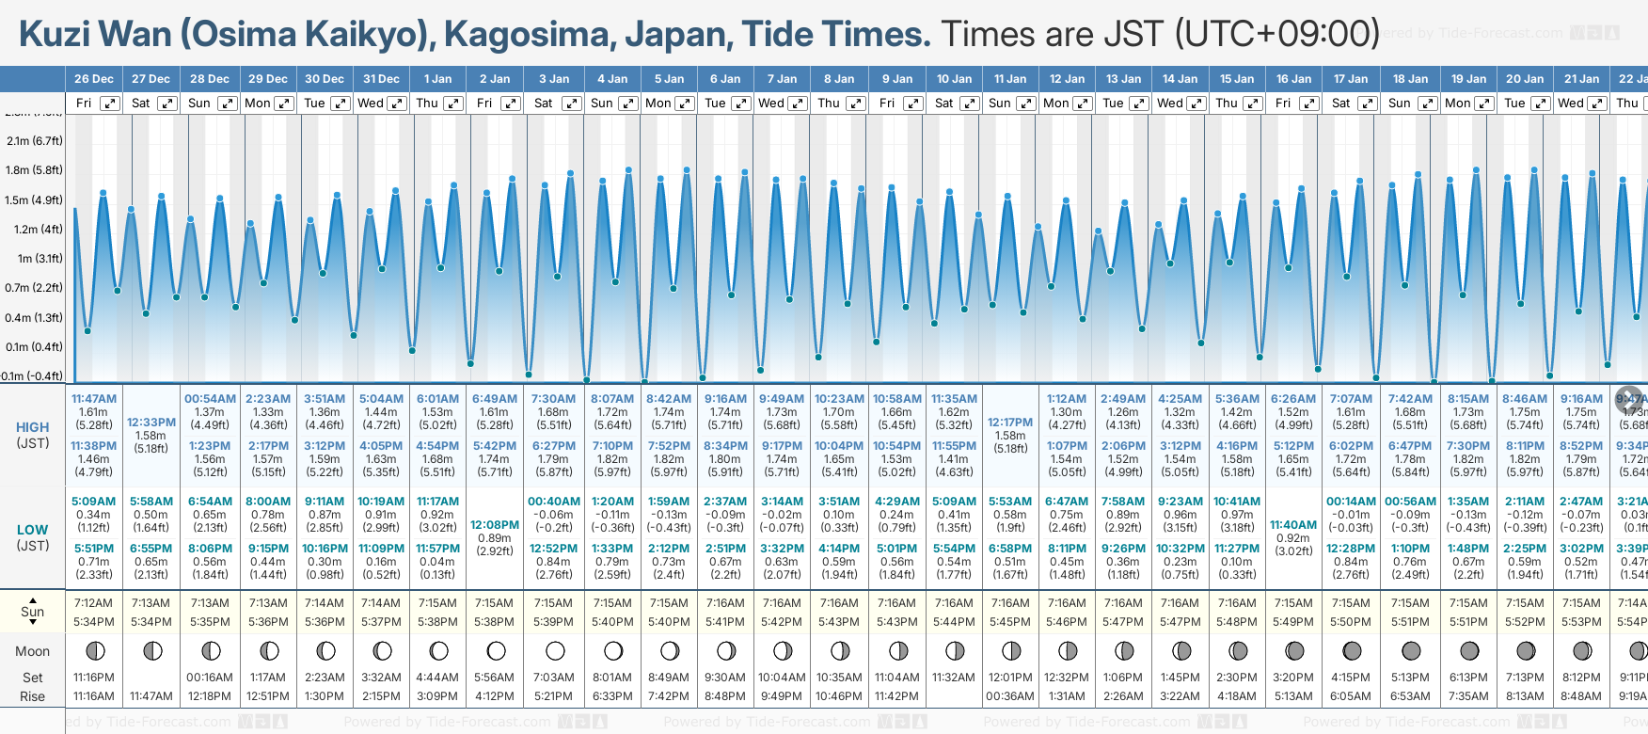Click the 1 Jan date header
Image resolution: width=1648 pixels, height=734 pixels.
pyautogui.click(x=437, y=79)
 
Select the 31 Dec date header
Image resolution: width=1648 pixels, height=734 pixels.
pyautogui.click(x=381, y=79)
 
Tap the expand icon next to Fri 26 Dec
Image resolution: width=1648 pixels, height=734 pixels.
pyautogui.click(x=110, y=104)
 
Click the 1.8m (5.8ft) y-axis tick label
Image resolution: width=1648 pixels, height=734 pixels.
pyautogui.click(x=34, y=170)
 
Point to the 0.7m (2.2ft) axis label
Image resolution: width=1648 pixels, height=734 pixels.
pyautogui.click(x=34, y=288)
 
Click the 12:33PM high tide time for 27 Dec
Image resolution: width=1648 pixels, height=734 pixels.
pyautogui.click(x=151, y=423)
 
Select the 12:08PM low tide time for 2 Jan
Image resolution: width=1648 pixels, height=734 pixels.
pyautogui.click(x=495, y=525)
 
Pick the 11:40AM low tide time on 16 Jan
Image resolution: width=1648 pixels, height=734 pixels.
pyautogui.click(x=1293, y=525)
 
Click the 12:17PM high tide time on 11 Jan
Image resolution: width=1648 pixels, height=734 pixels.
pyautogui.click(x=1010, y=423)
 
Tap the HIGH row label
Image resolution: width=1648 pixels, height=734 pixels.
pyautogui.click(x=33, y=427)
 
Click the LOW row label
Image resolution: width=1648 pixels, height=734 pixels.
pyautogui.click(x=33, y=530)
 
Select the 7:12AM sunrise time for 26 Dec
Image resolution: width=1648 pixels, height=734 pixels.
pyautogui.click(x=93, y=603)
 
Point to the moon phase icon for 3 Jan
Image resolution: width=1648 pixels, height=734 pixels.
pyautogui.click(x=555, y=650)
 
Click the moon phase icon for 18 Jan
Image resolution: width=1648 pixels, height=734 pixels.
pyautogui.click(x=1410, y=650)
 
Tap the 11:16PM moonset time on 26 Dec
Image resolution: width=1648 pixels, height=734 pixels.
pyautogui.click(x=93, y=678)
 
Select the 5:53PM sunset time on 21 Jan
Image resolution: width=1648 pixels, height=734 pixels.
pyautogui.click(x=1581, y=622)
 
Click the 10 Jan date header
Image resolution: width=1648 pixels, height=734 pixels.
pyautogui.click(x=954, y=79)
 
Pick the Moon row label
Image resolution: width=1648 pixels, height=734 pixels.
pyautogui.click(x=33, y=651)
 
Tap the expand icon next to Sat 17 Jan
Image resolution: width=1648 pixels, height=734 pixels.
pyautogui.click(x=1368, y=104)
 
